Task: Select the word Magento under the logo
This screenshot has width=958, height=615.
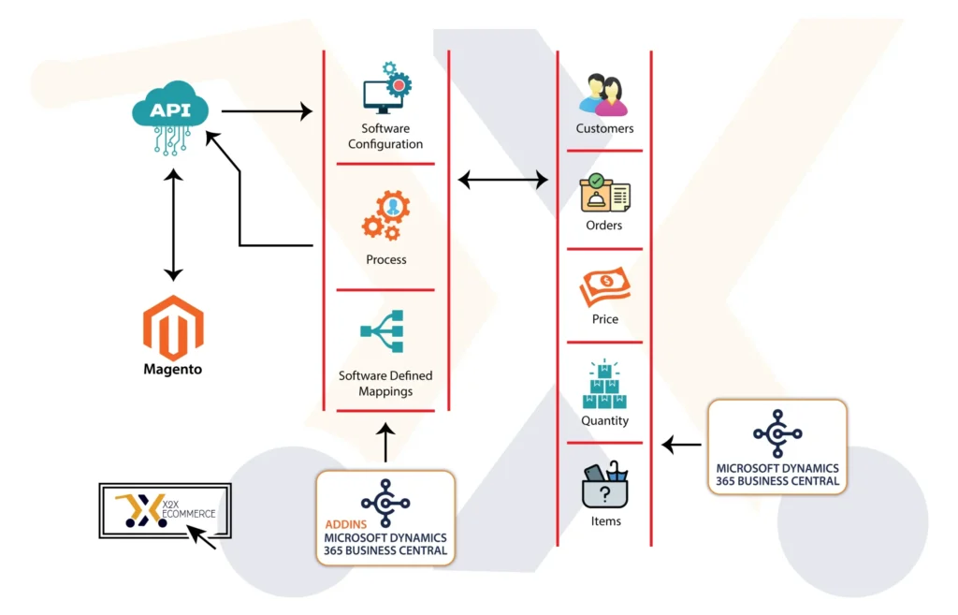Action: (x=172, y=369)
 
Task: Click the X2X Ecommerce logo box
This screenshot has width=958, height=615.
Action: (x=165, y=511)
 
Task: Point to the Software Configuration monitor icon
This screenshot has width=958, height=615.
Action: (x=385, y=89)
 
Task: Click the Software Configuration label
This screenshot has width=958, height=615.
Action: (x=385, y=137)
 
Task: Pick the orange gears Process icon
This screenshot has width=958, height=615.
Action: (x=385, y=215)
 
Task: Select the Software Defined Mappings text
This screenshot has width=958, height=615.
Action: (x=385, y=384)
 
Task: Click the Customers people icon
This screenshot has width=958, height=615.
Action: (x=603, y=95)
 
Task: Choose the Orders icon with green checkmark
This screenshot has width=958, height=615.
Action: (x=604, y=193)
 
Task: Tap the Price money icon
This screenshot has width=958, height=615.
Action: (x=604, y=287)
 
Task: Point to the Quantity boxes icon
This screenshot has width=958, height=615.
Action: (x=604, y=385)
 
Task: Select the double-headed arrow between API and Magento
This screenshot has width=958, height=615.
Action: (x=172, y=225)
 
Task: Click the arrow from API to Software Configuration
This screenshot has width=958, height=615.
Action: (x=267, y=112)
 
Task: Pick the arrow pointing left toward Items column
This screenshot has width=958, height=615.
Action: (x=681, y=446)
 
